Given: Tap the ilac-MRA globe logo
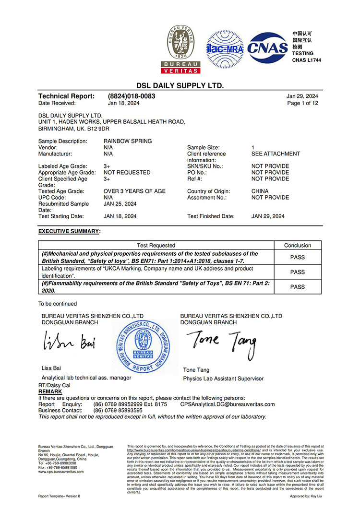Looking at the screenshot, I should (225, 49).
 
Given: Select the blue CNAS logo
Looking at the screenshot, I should (268, 48).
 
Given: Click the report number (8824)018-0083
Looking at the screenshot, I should (132, 96).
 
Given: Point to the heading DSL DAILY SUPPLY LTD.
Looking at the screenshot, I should (180, 85).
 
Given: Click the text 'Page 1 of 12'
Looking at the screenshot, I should (302, 103).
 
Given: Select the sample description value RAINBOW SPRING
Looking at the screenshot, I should (128, 141).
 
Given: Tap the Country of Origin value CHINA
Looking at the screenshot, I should (260, 191).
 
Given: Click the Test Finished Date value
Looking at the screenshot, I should (268, 216).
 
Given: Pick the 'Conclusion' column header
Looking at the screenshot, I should (298, 245).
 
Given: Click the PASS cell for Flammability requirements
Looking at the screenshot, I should (298, 287).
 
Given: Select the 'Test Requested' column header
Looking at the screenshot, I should (156, 245).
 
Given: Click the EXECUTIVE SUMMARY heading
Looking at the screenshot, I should (69, 231).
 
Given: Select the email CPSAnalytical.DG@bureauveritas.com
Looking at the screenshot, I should (228, 404).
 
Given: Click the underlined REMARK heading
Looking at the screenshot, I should (50, 392).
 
